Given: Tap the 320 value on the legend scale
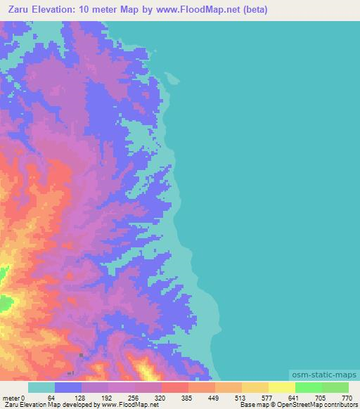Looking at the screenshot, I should [160, 397].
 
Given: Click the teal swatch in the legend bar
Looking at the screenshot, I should [41, 387].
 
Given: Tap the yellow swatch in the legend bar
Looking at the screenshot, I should [281, 387].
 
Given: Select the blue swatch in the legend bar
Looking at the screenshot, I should [68, 387].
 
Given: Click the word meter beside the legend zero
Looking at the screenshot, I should [11, 397].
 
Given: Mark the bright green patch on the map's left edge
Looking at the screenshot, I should [6, 305].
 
